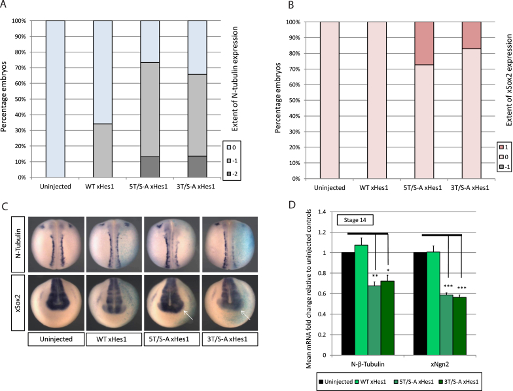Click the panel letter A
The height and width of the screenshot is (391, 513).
click(6, 6)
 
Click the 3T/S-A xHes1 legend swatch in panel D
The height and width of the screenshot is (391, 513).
click(463, 380)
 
